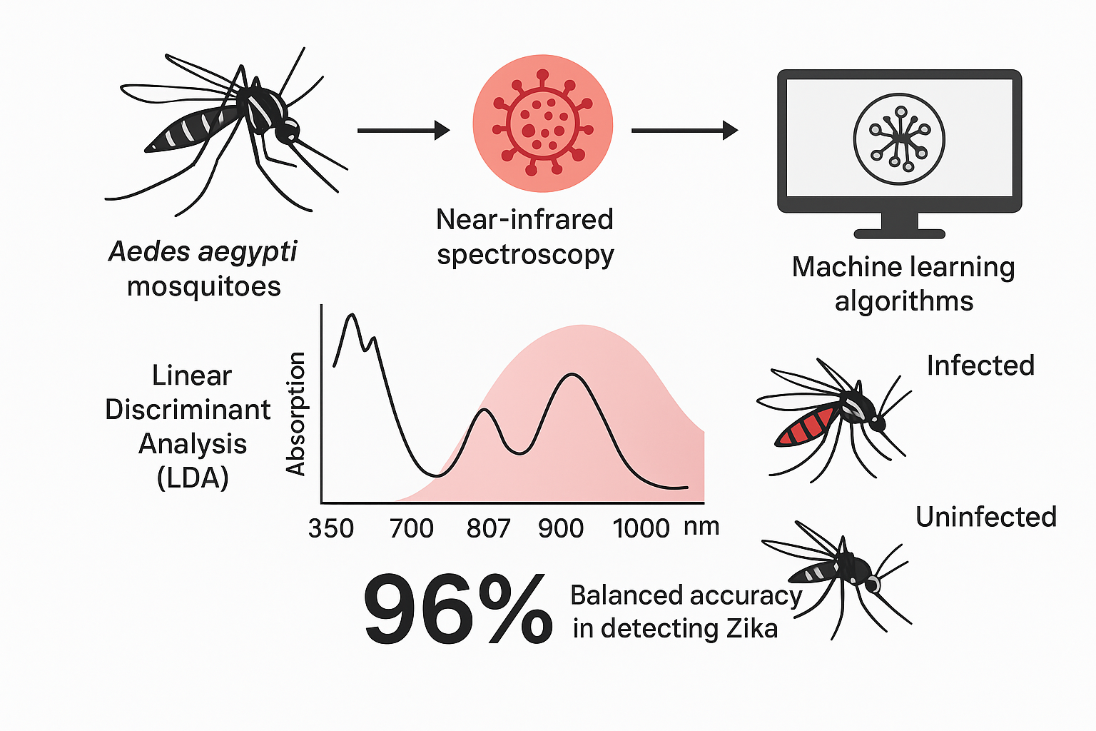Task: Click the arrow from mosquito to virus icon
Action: [x=403, y=131]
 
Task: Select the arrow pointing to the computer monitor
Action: [x=684, y=131]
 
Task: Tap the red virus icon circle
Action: [x=542, y=123]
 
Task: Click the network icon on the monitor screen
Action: [x=899, y=139]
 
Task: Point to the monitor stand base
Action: [x=899, y=233]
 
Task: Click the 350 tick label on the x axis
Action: [x=331, y=529]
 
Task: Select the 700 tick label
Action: [x=412, y=529]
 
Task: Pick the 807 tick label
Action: [x=489, y=529]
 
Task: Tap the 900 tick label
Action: [x=561, y=529]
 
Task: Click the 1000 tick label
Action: [x=641, y=529]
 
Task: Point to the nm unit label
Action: [x=701, y=527]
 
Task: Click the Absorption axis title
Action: [x=295, y=414]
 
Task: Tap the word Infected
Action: [x=980, y=365]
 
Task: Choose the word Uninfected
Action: [x=985, y=517]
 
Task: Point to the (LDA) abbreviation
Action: [x=193, y=478]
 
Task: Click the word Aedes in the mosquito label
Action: [x=148, y=251]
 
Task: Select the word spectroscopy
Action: [x=525, y=255]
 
